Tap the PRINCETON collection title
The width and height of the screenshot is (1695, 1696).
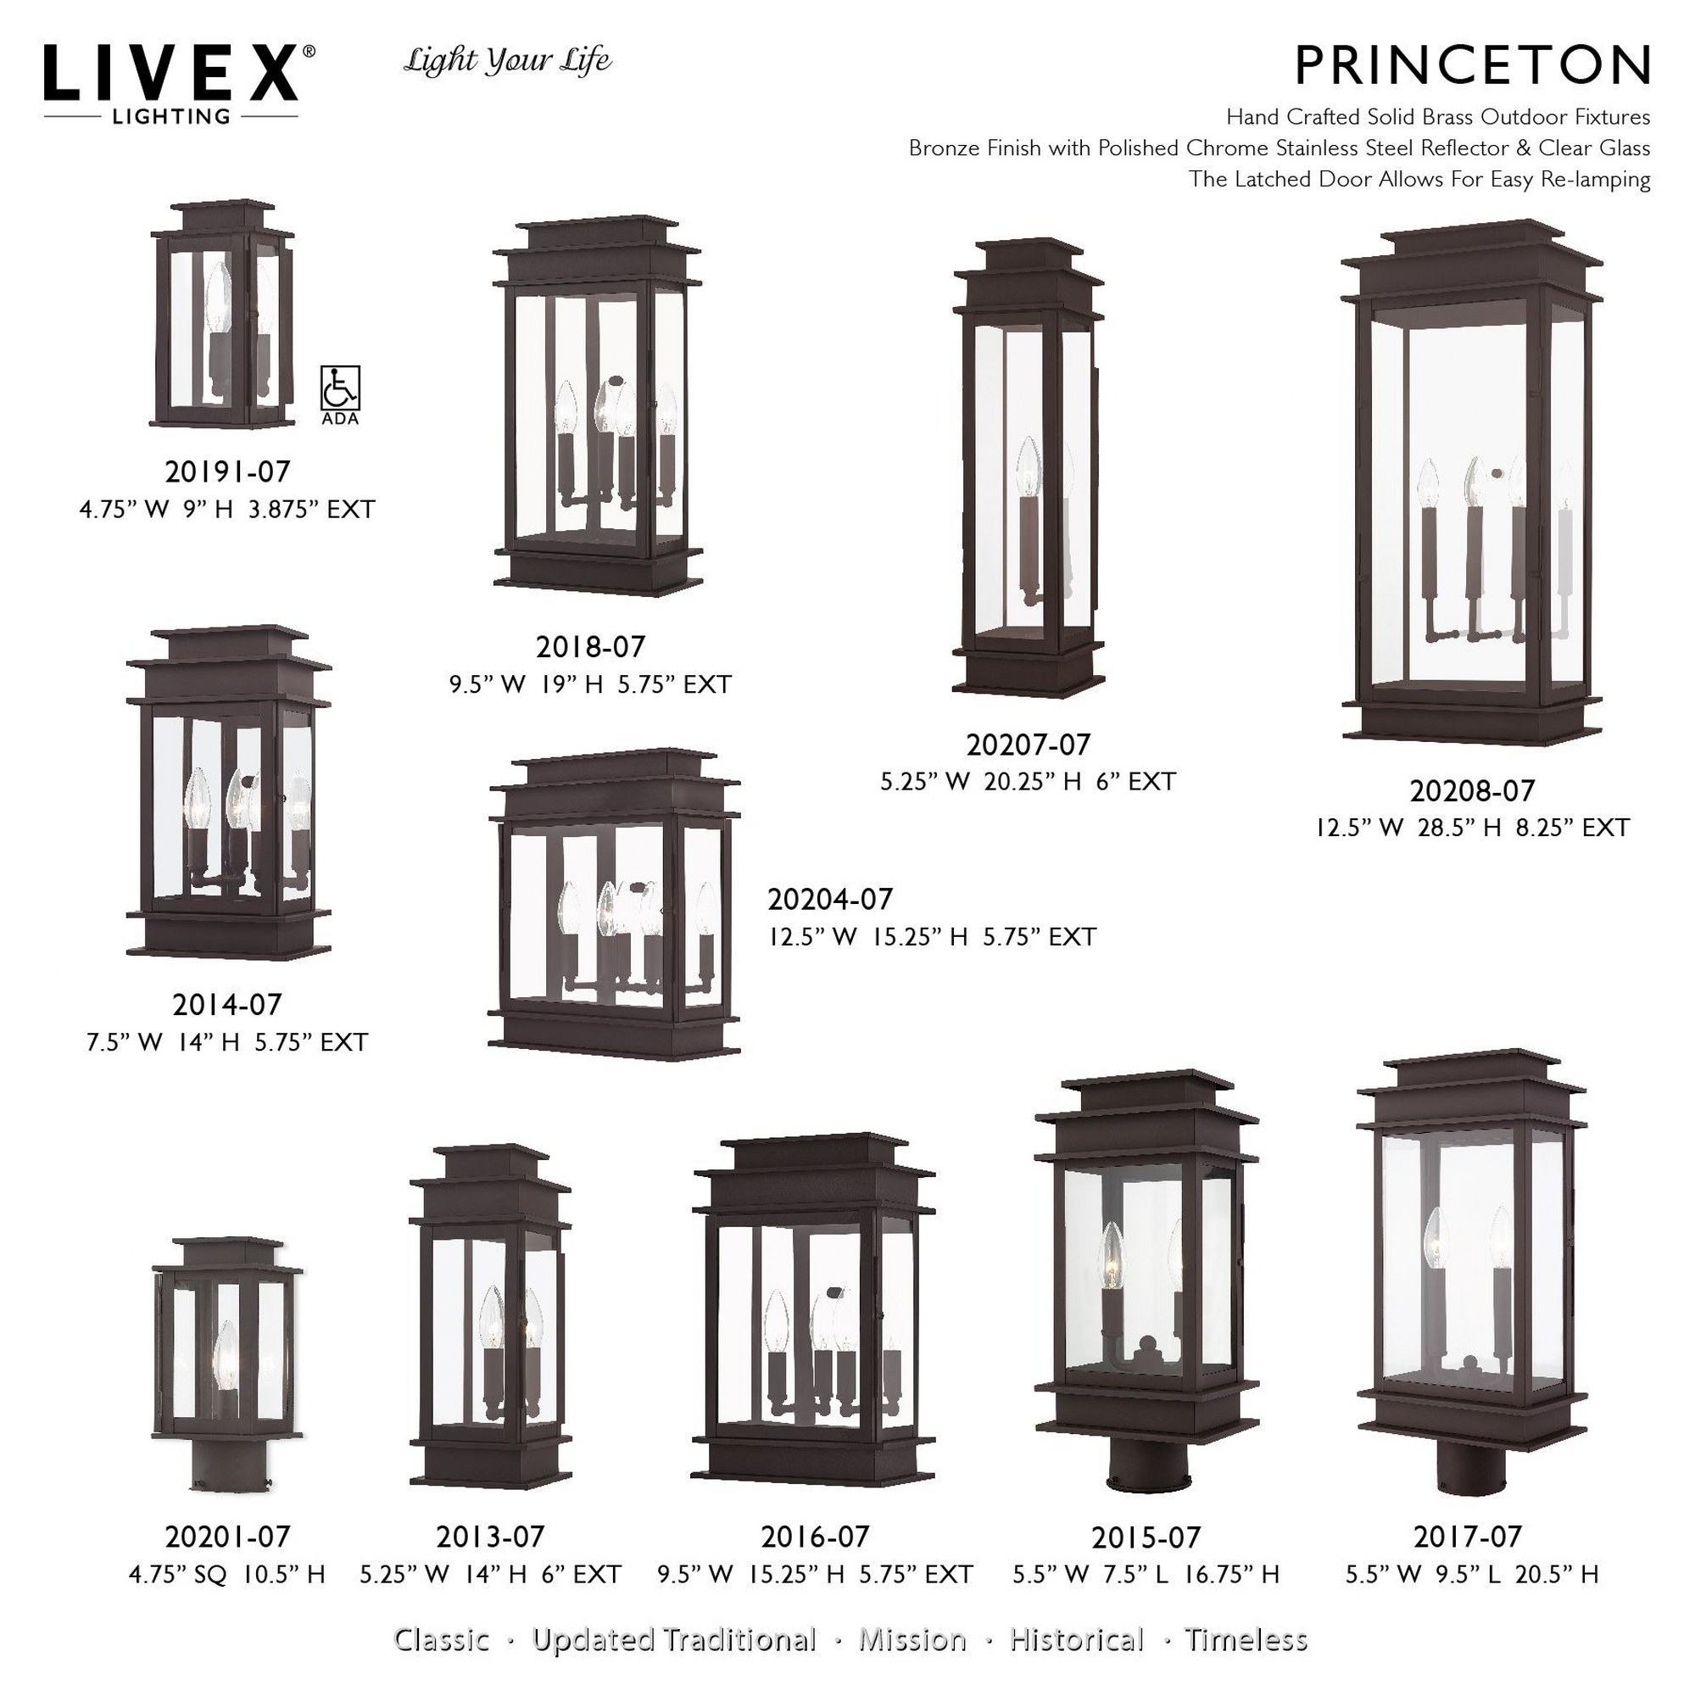point(1472,65)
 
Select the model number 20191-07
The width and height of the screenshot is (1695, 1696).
point(227,472)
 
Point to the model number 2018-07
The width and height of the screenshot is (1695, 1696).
point(590,647)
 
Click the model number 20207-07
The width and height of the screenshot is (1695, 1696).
point(1028,745)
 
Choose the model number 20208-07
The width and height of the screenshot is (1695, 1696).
point(1472,791)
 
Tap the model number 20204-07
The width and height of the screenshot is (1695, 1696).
point(830,899)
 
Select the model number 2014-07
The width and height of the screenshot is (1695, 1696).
point(227,1004)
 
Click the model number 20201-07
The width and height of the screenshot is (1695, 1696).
point(227,1537)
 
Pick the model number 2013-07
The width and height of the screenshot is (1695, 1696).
point(490,1537)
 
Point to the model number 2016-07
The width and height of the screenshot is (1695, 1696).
point(815,1537)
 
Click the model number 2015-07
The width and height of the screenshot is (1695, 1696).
point(1146,1537)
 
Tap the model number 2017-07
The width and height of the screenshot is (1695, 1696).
point(1468,1537)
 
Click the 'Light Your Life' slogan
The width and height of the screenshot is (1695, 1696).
point(507,61)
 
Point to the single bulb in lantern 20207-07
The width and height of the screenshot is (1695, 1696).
point(1027,467)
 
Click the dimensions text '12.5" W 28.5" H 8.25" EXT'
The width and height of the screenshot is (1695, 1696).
point(1472,828)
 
